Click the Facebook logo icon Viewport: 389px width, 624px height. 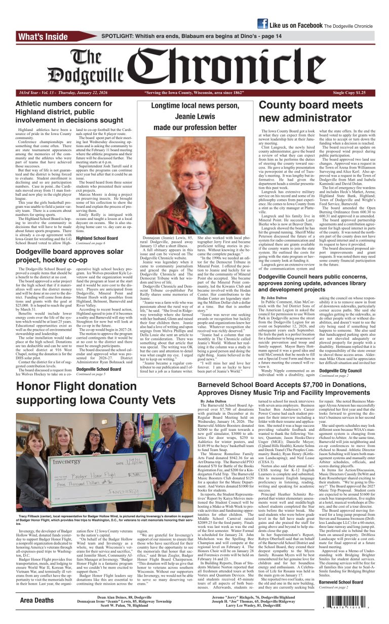pos(262,24)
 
